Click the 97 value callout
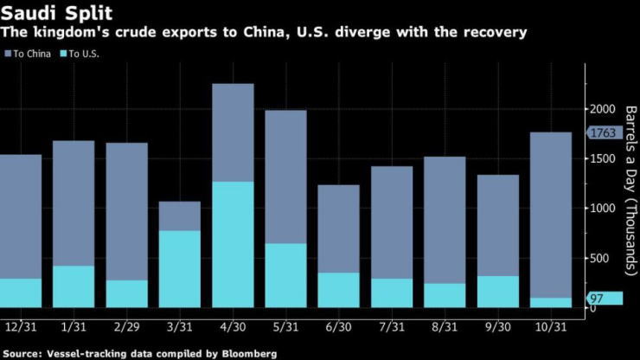[x=597, y=299]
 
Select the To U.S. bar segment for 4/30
[x=233, y=245]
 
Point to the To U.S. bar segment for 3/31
[x=180, y=269]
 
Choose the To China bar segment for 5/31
[x=285, y=177]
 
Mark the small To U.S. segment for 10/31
[x=550, y=303]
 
